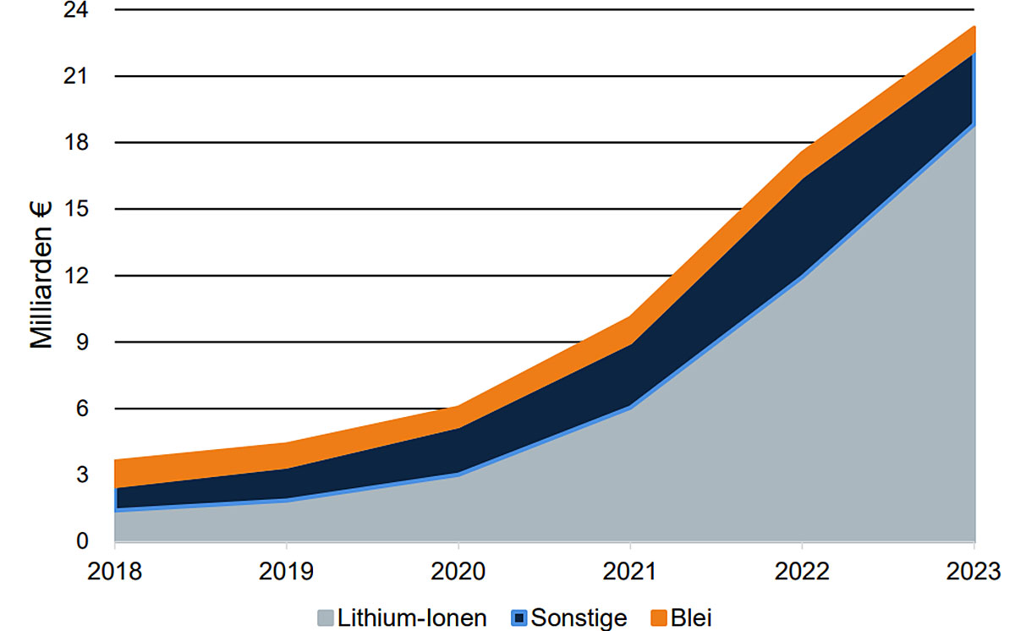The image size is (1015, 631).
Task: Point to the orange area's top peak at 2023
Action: pos(974,27)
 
